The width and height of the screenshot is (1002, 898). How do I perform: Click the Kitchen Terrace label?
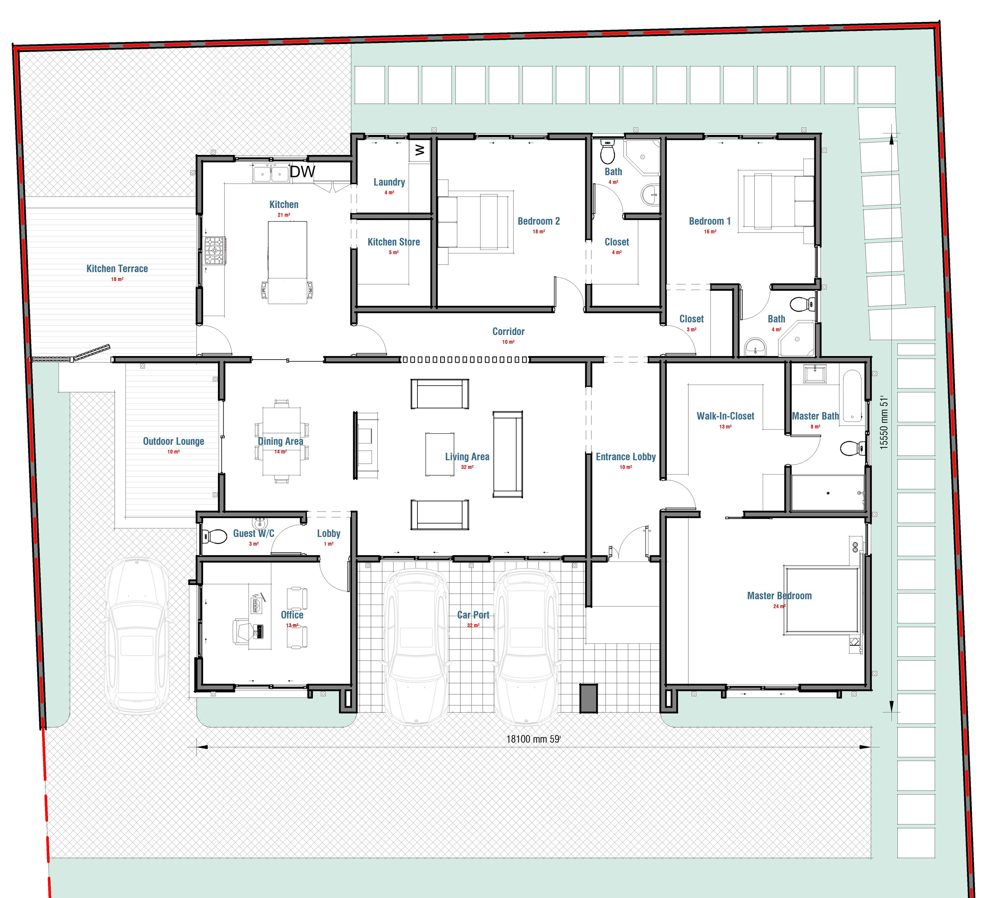click(117, 269)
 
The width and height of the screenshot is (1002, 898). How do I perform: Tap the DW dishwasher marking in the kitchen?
click(302, 172)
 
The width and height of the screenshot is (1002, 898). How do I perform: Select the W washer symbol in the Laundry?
click(419, 150)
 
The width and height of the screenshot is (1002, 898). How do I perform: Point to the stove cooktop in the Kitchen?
click(215, 251)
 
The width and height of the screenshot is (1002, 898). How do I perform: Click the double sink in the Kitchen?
click(271, 174)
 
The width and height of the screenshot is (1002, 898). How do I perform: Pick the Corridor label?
click(508, 332)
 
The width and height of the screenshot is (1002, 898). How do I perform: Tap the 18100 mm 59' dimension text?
click(533, 739)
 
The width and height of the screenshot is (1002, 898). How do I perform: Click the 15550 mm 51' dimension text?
click(884, 422)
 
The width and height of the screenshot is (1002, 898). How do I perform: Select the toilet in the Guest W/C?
click(214, 536)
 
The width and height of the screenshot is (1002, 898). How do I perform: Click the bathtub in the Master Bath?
click(852, 396)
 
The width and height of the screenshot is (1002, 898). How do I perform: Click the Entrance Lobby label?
click(626, 457)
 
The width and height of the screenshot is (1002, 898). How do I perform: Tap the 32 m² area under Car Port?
click(473, 626)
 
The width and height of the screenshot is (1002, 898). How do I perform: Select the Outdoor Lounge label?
click(174, 442)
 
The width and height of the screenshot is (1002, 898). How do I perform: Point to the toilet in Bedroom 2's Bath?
click(608, 152)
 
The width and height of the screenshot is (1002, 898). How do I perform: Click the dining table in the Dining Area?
click(281, 441)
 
